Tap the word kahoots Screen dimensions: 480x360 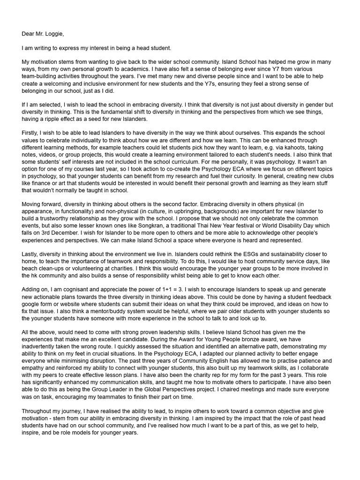click(x=284, y=147)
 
